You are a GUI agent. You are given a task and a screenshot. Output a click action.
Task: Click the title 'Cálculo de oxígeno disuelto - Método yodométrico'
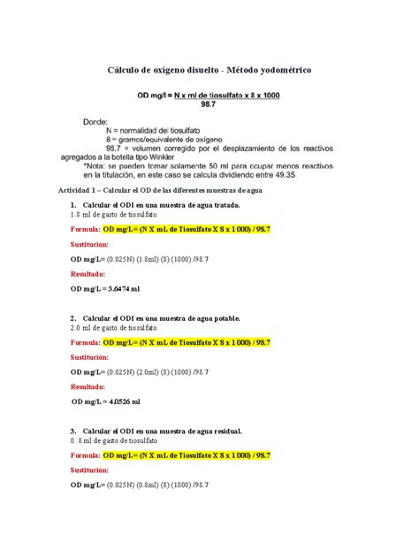(x=209, y=68)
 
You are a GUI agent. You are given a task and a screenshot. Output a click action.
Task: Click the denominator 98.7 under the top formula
(x=209, y=104)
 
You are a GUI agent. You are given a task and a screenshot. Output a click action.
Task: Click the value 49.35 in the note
(x=308, y=174)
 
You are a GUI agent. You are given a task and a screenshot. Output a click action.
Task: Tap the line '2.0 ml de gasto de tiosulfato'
(x=113, y=327)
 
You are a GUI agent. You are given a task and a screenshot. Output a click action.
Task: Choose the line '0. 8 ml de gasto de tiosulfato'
(x=113, y=439)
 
